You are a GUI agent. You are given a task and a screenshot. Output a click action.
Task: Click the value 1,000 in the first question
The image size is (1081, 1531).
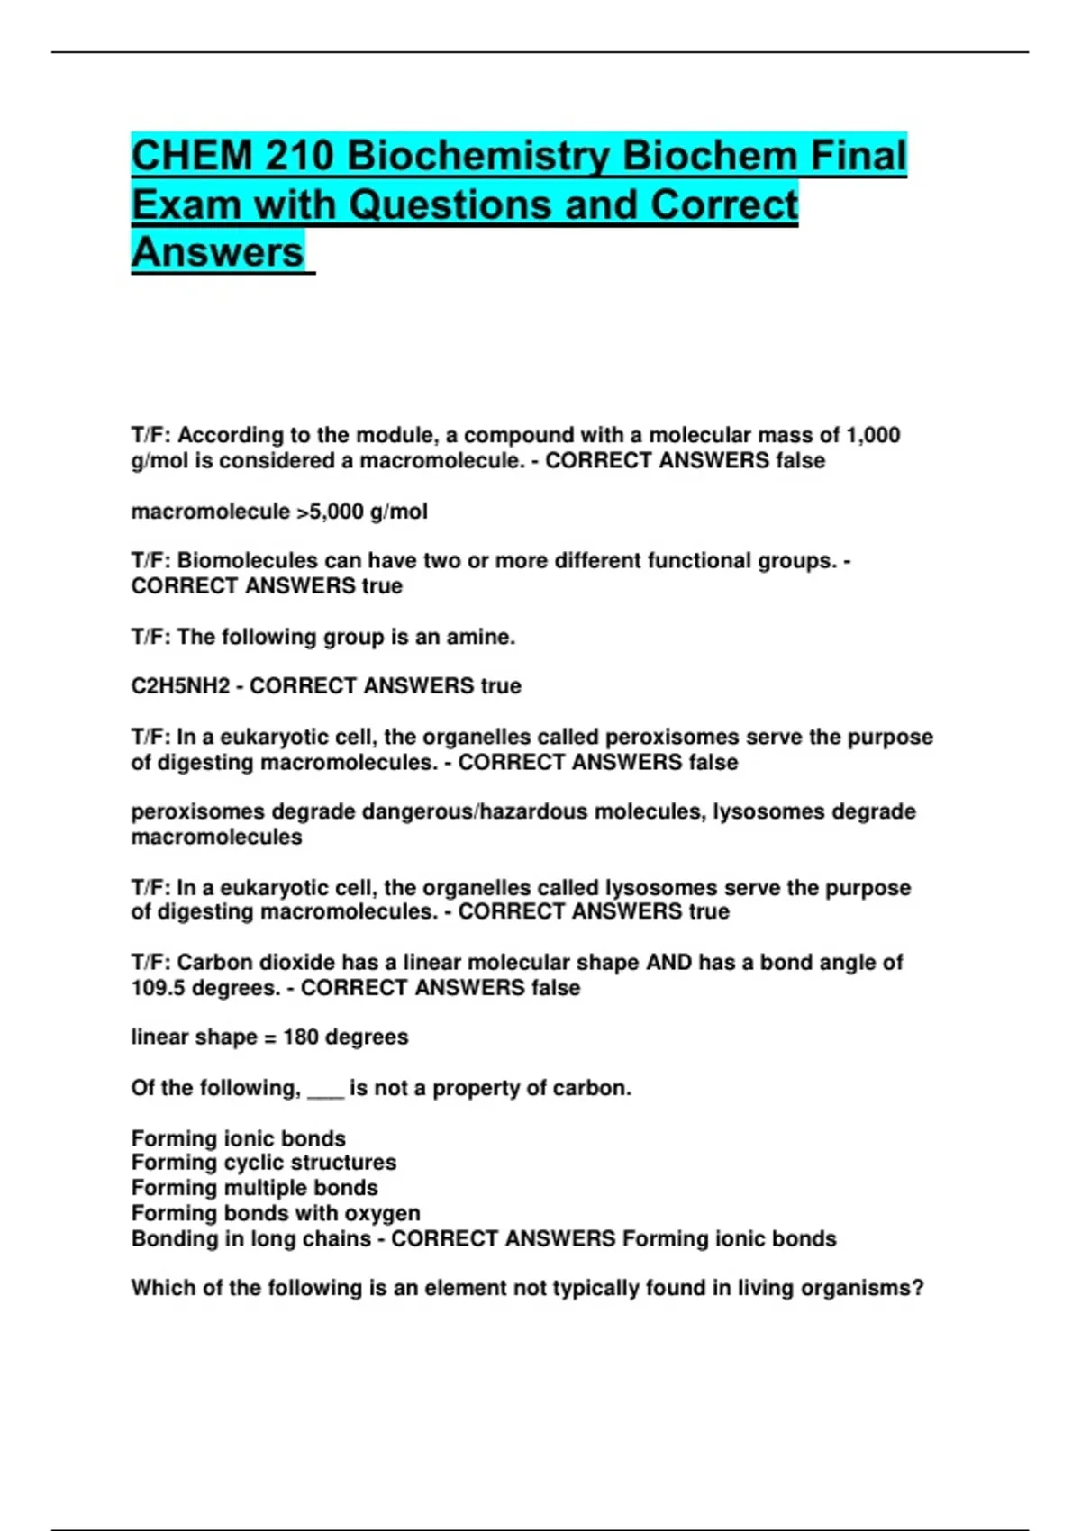pyautogui.click(x=873, y=436)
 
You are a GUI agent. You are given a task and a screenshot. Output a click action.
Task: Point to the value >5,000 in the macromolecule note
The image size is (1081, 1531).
pyautogui.click(x=330, y=512)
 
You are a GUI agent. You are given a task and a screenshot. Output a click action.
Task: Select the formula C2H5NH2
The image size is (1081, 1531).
pyautogui.click(x=180, y=686)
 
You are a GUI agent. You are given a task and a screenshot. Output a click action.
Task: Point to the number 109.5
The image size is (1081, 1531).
pyautogui.click(x=158, y=988)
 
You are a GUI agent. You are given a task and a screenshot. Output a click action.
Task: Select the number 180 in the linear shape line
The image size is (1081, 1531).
pyautogui.click(x=301, y=1037)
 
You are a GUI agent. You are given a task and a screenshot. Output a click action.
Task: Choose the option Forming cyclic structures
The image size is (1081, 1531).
pyautogui.click(x=263, y=1163)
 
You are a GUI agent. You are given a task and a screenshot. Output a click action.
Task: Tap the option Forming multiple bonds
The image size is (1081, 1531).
pyautogui.click(x=254, y=1188)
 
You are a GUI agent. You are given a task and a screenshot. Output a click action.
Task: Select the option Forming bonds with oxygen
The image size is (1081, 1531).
pyautogui.click(x=275, y=1214)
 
